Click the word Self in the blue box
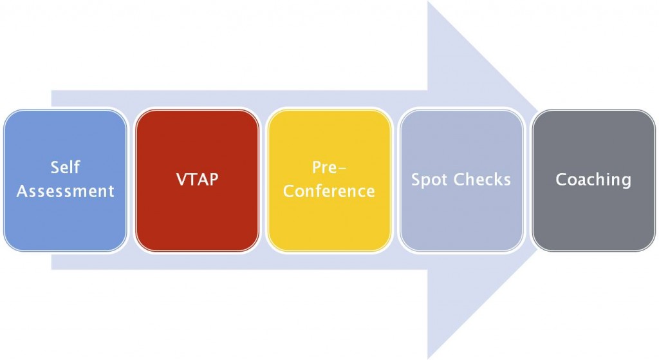tap(65, 167)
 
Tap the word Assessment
tap(65, 191)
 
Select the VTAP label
tap(197, 180)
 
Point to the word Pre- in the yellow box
tap(329, 167)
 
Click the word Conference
tap(329, 191)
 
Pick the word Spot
tap(429, 180)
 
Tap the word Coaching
tap(593, 180)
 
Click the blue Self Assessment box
tap(65, 180)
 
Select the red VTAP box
tap(197, 180)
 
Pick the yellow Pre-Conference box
tap(329, 180)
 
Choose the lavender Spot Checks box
tap(461, 180)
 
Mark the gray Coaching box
tap(593, 180)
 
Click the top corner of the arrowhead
tap(428, 1)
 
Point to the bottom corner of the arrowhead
tap(428, 359)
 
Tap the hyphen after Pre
tap(342, 169)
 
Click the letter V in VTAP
tap(181, 180)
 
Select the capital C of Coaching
tap(561, 180)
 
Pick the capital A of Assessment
tap(23, 191)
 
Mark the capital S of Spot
tap(416, 180)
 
